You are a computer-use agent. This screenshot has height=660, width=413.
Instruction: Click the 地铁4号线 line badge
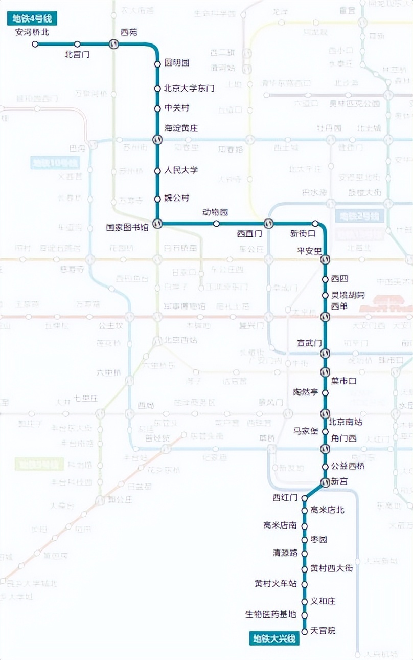click(x=32, y=19)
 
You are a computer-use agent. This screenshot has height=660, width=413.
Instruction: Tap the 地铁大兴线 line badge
click(x=274, y=639)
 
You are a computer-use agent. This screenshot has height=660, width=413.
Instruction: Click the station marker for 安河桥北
click(x=35, y=44)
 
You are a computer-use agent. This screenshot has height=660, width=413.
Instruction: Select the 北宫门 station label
click(x=77, y=54)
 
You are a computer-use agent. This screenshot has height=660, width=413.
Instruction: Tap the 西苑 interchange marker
click(x=113, y=44)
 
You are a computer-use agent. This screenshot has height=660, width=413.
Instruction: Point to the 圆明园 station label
click(x=177, y=63)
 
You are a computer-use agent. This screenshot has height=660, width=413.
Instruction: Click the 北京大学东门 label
click(x=189, y=89)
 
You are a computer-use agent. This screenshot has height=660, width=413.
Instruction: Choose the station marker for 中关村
click(x=158, y=108)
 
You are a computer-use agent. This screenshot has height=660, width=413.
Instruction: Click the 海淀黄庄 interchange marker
click(x=158, y=139)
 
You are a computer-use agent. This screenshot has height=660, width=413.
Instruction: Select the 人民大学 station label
click(x=181, y=170)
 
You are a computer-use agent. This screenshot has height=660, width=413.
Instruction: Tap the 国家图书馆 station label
click(x=127, y=227)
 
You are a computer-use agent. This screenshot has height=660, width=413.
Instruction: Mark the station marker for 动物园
click(x=216, y=224)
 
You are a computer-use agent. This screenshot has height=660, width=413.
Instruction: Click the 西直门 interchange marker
click(x=268, y=224)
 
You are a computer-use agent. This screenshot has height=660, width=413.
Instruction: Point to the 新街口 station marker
click(x=315, y=224)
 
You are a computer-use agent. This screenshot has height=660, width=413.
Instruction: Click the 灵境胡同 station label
click(x=348, y=295)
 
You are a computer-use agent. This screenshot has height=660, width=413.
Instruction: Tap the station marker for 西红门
click(x=304, y=497)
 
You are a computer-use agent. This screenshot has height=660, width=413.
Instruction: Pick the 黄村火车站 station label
click(x=276, y=583)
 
